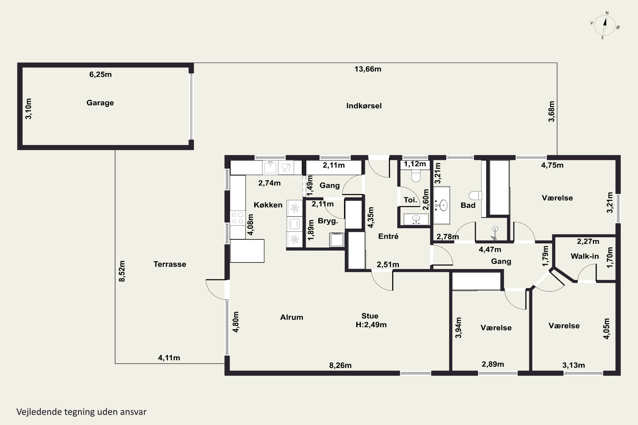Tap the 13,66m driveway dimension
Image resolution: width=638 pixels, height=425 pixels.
pyautogui.click(x=368, y=69)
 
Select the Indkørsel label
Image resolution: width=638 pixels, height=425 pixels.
pyautogui.click(x=364, y=106)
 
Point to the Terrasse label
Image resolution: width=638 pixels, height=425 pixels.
pyautogui.click(x=170, y=264)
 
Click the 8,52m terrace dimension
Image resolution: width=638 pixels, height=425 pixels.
pyautogui.click(x=122, y=271)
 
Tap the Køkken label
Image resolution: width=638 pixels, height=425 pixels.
pyautogui.click(x=268, y=205)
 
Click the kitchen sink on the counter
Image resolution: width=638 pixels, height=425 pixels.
pyautogui.click(x=270, y=167)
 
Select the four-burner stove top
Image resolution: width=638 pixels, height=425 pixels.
pyautogui.click(x=237, y=218)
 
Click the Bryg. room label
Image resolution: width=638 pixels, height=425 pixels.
pyautogui.click(x=328, y=221)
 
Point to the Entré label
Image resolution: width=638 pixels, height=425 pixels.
pyautogui.click(x=389, y=236)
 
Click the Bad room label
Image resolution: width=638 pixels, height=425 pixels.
pyautogui.click(x=468, y=205)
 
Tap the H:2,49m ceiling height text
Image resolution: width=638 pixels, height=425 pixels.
pyautogui.click(x=371, y=325)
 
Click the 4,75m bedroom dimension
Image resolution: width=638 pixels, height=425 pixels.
pyautogui.click(x=552, y=165)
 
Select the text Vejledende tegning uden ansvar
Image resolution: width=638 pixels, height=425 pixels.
pyautogui.click(x=81, y=412)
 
